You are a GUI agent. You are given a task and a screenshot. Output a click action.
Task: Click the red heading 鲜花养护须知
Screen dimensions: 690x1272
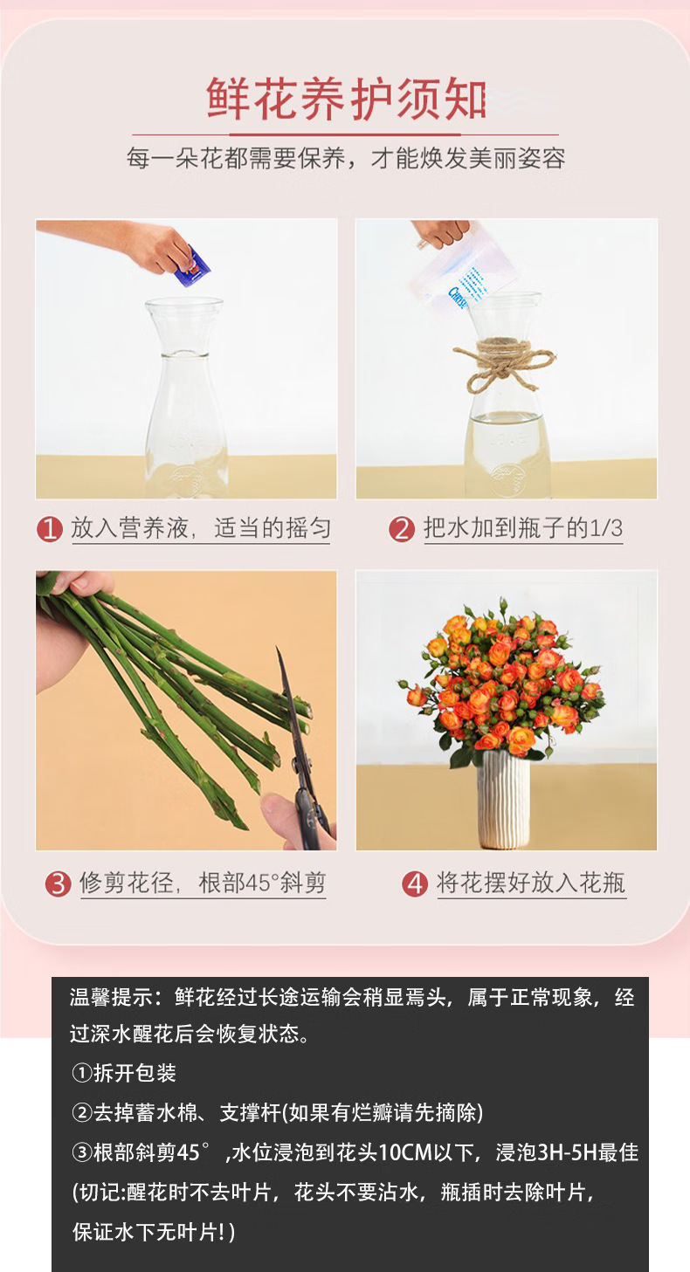pyautogui.click(x=345, y=100)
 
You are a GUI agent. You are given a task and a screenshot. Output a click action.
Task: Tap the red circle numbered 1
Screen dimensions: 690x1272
pyautogui.click(x=50, y=529)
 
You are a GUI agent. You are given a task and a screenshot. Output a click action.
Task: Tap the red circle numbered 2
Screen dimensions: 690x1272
pyautogui.click(x=402, y=529)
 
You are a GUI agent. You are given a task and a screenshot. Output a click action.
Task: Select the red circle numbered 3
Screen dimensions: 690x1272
pyautogui.click(x=58, y=884)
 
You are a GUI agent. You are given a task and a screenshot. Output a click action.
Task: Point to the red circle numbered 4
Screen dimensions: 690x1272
pyautogui.click(x=415, y=884)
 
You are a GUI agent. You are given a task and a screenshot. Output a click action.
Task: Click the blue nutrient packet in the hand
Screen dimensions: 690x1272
pyautogui.click(x=192, y=265)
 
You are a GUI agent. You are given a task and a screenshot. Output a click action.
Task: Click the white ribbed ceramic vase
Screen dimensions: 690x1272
pyautogui.click(x=503, y=800)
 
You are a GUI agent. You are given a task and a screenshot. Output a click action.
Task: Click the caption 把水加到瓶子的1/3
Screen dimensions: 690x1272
pyautogui.click(x=523, y=528)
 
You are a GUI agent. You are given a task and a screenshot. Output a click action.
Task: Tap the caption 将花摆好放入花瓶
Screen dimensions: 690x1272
pyautogui.click(x=531, y=883)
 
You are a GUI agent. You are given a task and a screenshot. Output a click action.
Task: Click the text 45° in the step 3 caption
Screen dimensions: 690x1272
pyautogui.click(x=252, y=883)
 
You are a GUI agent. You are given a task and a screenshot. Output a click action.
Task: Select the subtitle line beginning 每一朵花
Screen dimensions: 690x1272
pyautogui.click(x=345, y=158)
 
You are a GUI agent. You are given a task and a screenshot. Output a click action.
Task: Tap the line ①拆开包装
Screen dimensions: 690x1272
pyautogui.click(x=124, y=1073)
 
